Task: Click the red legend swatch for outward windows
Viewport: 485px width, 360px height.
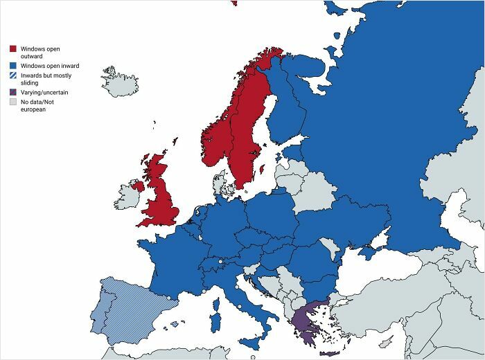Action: (12, 48)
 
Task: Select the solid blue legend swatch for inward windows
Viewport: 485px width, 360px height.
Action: (12, 65)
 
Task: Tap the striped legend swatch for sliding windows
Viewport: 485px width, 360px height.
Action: (12, 75)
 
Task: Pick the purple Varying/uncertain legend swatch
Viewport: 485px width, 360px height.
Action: (12, 92)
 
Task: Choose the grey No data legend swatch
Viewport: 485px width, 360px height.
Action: (12, 102)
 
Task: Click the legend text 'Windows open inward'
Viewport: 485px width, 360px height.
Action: (49, 65)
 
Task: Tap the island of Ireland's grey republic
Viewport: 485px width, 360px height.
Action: (127, 195)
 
